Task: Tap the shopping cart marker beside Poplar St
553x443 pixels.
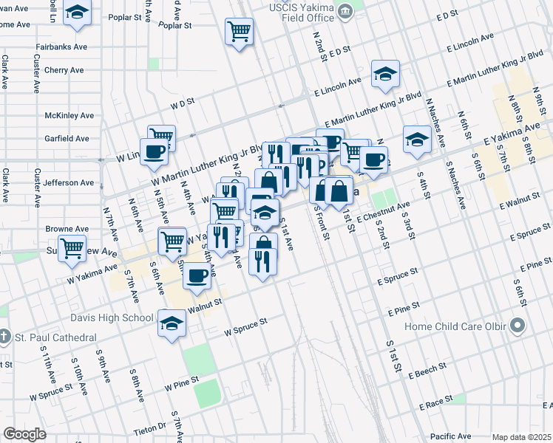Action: [239, 31]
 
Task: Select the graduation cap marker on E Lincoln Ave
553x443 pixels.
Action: [385, 73]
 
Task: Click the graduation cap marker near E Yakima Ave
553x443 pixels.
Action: [417, 139]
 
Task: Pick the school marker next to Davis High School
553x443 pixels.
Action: [172, 323]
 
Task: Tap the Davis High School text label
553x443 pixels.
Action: [112, 319]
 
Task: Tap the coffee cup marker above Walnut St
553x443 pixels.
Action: [196, 275]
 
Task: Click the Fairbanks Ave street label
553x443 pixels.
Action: [61, 47]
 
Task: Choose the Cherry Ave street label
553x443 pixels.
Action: [64, 70]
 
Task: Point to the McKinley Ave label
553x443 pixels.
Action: [69, 116]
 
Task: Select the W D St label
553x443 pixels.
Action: [182, 103]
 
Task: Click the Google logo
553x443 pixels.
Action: [24, 434]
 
